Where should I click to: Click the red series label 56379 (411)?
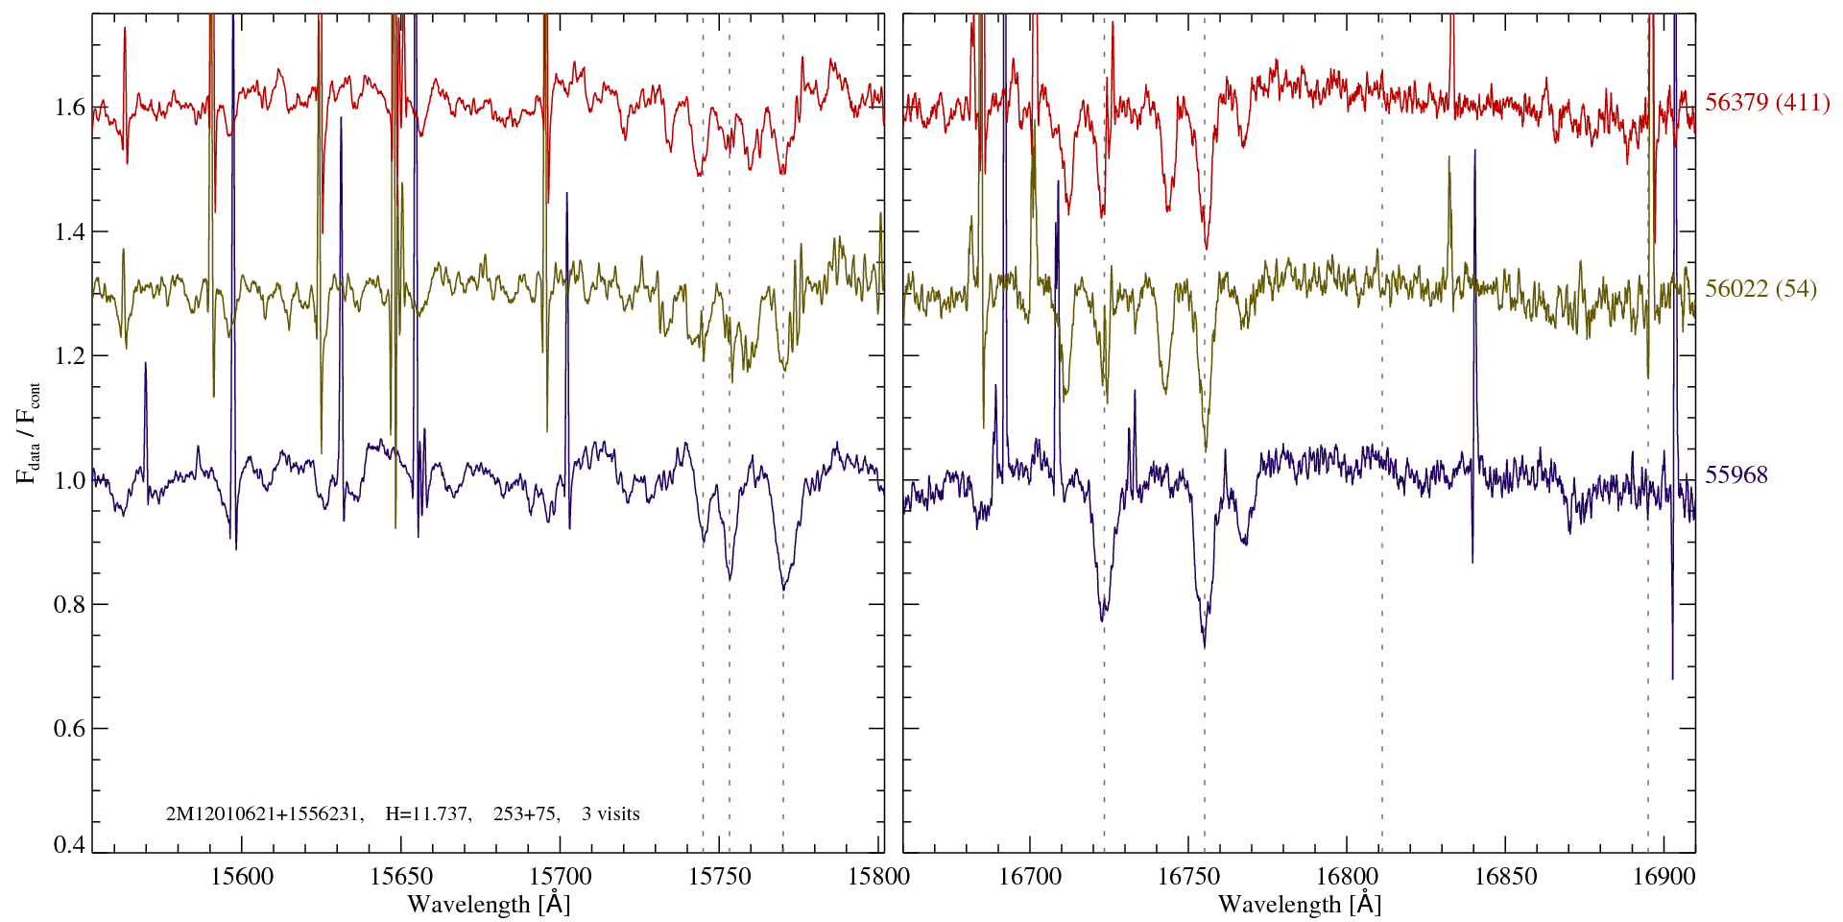(x=1766, y=103)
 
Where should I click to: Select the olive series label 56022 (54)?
(x=1760, y=289)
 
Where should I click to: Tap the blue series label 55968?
(x=1735, y=475)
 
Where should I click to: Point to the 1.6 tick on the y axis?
(x=69, y=107)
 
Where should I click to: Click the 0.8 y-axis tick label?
(x=69, y=604)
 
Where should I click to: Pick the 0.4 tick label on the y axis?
(x=69, y=845)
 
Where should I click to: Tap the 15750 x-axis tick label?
(x=721, y=876)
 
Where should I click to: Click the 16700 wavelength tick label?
(x=1030, y=876)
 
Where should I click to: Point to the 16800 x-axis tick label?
(x=1345, y=876)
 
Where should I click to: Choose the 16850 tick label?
(x=1503, y=876)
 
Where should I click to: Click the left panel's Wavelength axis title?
(x=489, y=905)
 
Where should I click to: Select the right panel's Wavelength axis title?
(x=1300, y=905)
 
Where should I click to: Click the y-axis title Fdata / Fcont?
(x=28, y=432)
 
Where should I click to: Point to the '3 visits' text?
(x=610, y=814)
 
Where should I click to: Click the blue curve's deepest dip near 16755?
(x=1205, y=643)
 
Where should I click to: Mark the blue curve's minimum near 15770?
(x=783, y=589)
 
